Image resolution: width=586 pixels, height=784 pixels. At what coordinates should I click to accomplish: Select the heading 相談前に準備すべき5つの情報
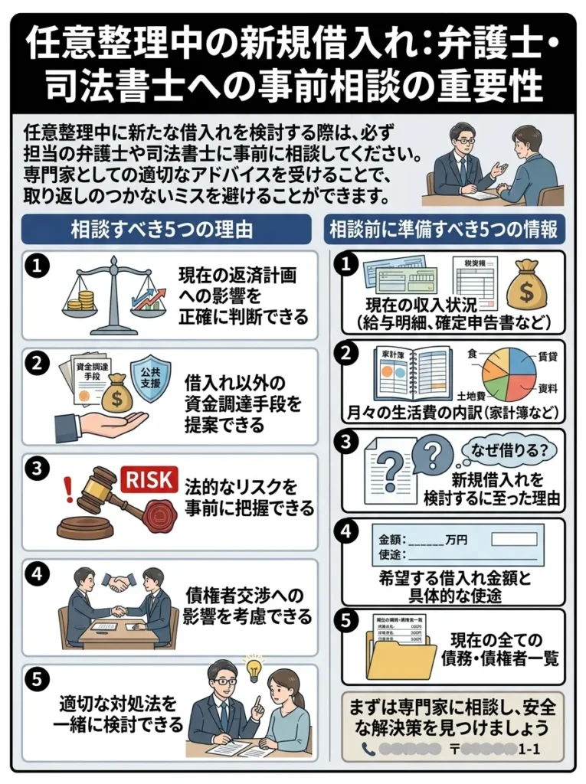(447, 229)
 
